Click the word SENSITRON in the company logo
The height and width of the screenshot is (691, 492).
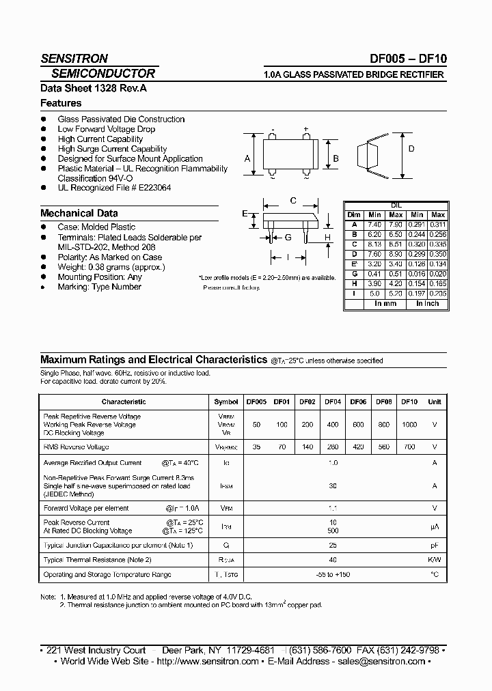(x=74, y=59)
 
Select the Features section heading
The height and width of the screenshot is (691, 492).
(x=61, y=103)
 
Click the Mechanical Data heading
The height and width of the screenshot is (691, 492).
(x=79, y=213)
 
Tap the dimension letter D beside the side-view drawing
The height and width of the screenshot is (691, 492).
(x=411, y=149)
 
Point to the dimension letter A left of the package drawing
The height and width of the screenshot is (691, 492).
(x=247, y=159)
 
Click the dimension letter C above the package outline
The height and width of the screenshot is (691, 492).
(x=292, y=201)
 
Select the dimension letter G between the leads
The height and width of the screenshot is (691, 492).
(x=288, y=237)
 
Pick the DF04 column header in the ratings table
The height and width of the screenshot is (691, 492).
(x=333, y=402)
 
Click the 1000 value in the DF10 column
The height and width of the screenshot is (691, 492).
(x=409, y=424)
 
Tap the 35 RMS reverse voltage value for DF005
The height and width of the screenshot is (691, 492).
(x=256, y=447)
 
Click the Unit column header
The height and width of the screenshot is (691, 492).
(x=435, y=402)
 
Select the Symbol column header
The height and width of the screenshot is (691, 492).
(x=226, y=402)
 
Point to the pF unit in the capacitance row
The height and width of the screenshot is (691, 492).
(x=435, y=545)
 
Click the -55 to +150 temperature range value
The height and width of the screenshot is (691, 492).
(x=333, y=574)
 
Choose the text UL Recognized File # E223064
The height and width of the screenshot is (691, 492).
(x=114, y=188)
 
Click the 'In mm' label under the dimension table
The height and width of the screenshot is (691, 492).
(x=385, y=303)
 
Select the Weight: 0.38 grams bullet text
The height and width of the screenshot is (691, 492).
(x=111, y=267)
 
